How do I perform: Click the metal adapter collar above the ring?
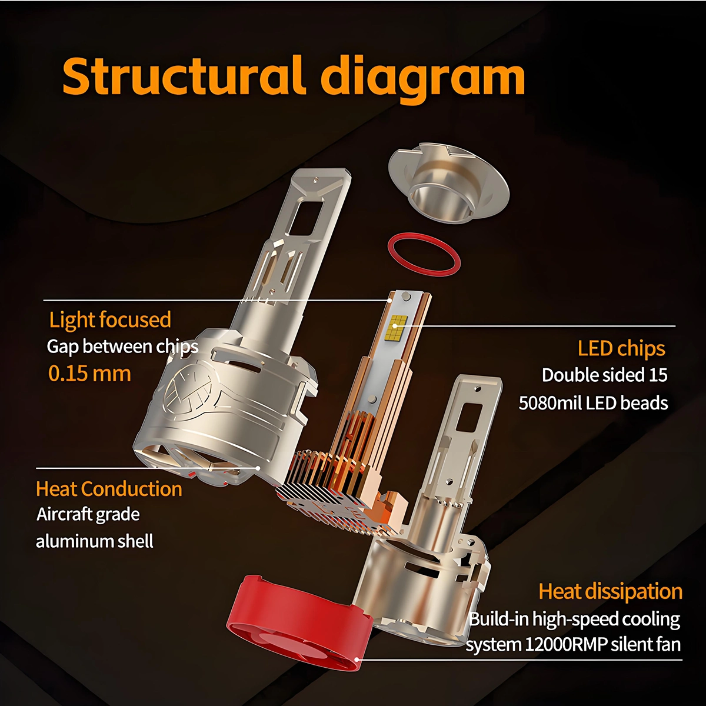point(448,185)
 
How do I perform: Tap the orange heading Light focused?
point(110,319)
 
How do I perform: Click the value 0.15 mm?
point(90,374)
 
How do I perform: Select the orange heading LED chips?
point(621,349)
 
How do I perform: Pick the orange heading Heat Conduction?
point(109,489)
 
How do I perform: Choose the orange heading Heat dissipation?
point(610,591)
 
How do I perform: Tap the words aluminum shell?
point(95,541)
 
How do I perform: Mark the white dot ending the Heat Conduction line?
point(258,468)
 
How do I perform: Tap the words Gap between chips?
point(122,347)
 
